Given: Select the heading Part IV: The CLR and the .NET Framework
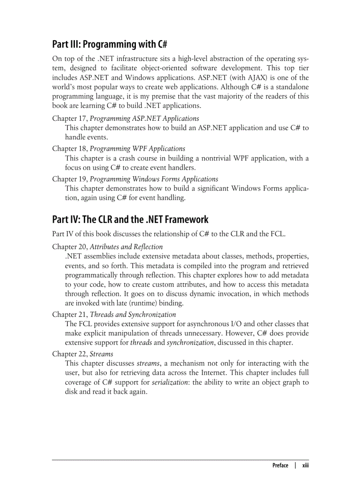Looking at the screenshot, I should coord(130,220).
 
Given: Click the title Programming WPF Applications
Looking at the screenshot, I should coord(138,149).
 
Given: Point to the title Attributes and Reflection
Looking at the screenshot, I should coord(126,247).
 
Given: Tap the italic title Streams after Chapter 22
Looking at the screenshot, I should coord(101,354).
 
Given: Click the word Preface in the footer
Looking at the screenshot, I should coord(280,465).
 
